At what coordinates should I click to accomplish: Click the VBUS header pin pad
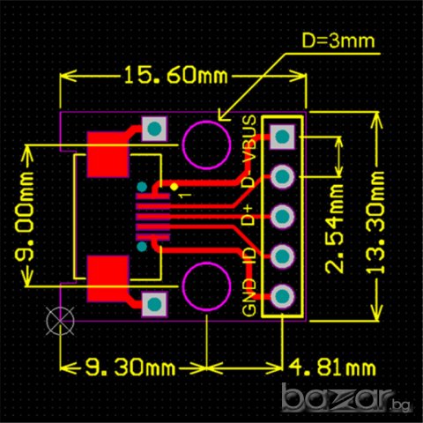pyautogui.click(x=283, y=136)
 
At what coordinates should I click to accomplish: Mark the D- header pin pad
pyautogui.click(x=283, y=176)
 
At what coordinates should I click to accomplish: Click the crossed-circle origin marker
pyautogui.click(x=59, y=319)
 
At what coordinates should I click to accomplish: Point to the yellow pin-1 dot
pyautogui.click(x=174, y=187)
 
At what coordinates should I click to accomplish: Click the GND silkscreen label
pyautogui.click(x=249, y=298)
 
